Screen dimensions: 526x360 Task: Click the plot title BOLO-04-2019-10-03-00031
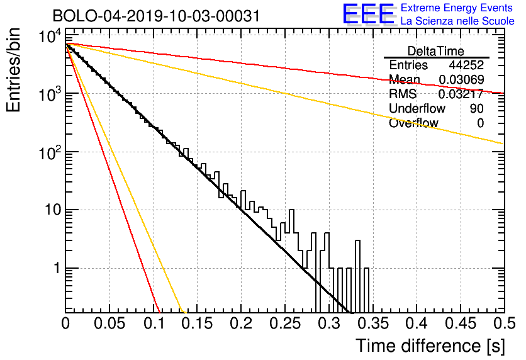point(156,16)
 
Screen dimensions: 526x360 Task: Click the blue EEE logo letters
point(368,14)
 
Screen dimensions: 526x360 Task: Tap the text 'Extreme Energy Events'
point(457,8)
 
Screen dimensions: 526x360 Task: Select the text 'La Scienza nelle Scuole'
point(457,21)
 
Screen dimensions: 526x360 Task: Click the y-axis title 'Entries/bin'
point(14,70)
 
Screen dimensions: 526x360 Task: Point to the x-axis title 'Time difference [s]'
point(430,346)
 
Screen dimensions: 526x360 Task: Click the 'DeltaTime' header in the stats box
point(436,51)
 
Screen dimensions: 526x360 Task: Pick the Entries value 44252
point(466,65)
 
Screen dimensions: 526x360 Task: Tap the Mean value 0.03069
point(461,79)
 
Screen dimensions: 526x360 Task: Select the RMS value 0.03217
point(461,94)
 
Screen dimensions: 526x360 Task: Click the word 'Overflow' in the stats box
point(413,123)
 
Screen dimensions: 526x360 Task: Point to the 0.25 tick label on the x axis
point(285,323)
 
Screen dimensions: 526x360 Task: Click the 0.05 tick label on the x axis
point(109,323)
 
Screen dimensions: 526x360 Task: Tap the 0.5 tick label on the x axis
point(504,323)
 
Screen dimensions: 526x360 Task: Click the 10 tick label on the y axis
point(53,210)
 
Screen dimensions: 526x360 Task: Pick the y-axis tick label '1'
point(57,268)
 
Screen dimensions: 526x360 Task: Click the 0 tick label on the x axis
point(65,323)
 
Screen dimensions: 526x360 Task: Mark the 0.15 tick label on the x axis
point(197,323)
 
